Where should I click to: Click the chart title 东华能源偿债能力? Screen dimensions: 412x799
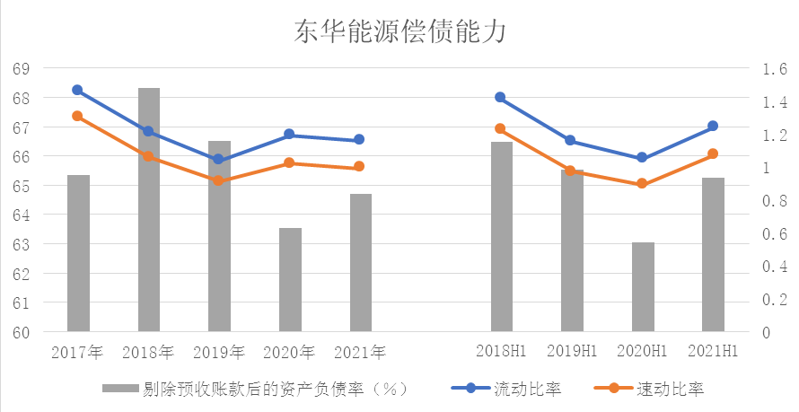pos(400,33)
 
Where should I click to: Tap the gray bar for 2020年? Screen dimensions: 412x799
pos(290,279)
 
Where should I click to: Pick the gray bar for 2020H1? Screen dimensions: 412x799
pos(643,286)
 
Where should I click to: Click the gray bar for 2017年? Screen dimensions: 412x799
pos(78,253)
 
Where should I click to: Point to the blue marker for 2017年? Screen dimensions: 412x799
pos(77,90)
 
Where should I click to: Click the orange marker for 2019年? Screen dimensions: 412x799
pos(218,180)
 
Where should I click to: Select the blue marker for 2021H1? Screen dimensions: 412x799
pos(713,127)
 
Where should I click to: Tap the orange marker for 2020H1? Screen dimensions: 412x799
pos(642,184)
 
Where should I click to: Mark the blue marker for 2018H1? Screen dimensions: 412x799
pos(500,97)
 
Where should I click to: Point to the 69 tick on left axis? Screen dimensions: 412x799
pos(21,69)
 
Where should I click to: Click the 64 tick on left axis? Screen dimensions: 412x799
pos(21,215)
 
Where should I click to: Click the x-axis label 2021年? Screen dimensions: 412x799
pos(360,351)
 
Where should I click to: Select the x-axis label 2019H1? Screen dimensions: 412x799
pos(572,351)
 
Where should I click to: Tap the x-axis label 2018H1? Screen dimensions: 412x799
pos(501,351)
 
